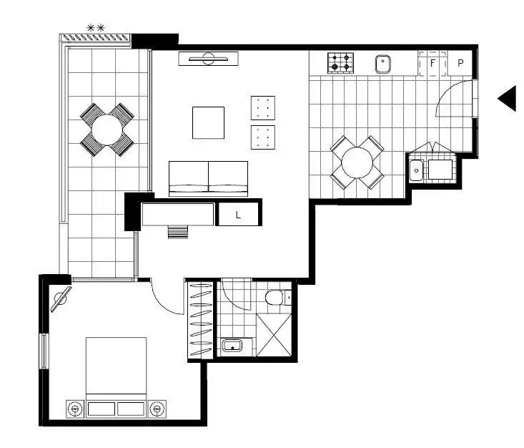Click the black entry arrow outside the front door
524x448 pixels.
pyautogui.click(x=508, y=98)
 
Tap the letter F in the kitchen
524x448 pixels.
pyautogui.click(x=432, y=63)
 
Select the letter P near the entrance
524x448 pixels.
pyautogui.click(x=460, y=63)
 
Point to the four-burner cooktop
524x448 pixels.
pyautogui.click(x=341, y=64)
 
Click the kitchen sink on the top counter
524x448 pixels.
pyautogui.click(x=384, y=64)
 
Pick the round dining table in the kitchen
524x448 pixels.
pyautogui.click(x=357, y=162)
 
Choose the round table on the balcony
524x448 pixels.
pyautogui.click(x=107, y=130)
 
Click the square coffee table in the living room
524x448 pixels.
pyautogui.click(x=208, y=122)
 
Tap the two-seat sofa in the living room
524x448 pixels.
pyautogui.click(x=208, y=177)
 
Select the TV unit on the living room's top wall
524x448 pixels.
pyautogui.click(x=208, y=59)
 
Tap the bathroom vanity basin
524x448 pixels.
pyautogui.click(x=232, y=346)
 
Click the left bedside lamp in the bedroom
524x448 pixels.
pyautogui.click(x=74, y=409)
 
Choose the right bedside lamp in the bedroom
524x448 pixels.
pyautogui.click(x=157, y=409)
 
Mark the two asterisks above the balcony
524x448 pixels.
pyautogui.click(x=96, y=28)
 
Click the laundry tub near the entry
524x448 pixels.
pyautogui.click(x=416, y=170)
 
